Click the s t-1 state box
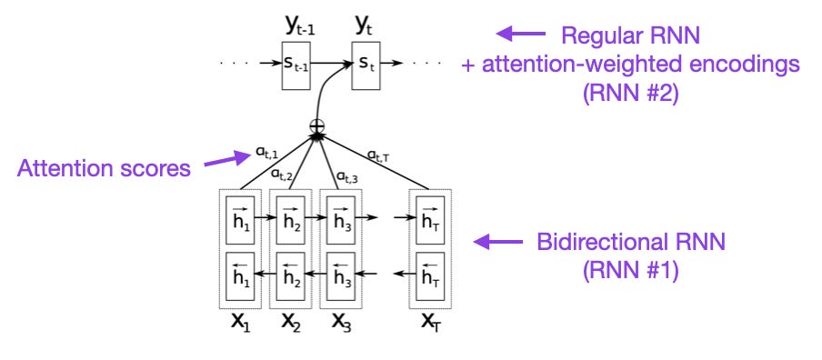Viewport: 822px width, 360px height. [296, 65]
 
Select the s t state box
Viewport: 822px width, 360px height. [364, 65]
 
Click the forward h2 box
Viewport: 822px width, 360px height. [290, 218]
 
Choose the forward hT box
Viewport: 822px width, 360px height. [430, 218]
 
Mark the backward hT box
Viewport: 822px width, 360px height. [430, 273]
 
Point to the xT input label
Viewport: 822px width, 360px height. [430, 323]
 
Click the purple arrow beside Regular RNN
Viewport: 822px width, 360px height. [516, 35]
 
